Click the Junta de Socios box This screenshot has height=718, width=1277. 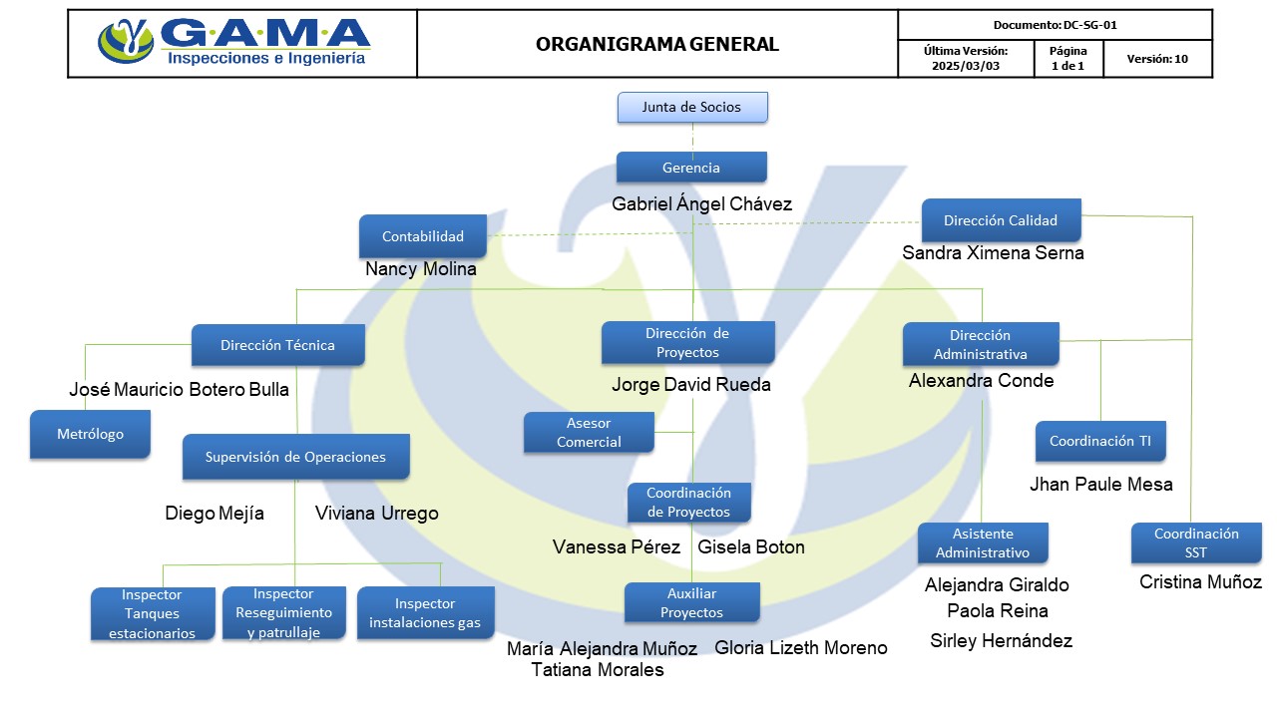click(x=692, y=107)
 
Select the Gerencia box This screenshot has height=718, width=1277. click(x=691, y=168)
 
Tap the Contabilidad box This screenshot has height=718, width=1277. click(x=423, y=236)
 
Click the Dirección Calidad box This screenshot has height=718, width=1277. click(x=1000, y=220)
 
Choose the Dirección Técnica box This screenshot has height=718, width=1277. click(x=277, y=345)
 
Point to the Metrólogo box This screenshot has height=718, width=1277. click(x=90, y=435)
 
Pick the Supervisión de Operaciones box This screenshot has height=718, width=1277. click(x=295, y=457)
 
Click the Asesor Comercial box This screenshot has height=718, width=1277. click(x=589, y=433)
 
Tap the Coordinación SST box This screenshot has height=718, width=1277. click(x=1195, y=542)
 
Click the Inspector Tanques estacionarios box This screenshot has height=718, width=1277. click(x=152, y=614)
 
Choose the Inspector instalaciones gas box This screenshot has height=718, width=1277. click(x=425, y=613)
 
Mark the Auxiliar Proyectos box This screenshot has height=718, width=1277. click(x=691, y=602)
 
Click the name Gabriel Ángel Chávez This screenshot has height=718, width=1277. click(x=701, y=204)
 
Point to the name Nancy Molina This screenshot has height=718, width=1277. click(x=421, y=269)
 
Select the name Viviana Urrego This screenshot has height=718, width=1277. click(x=376, y=514)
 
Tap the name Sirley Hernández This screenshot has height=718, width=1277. click(x=1001, y=641)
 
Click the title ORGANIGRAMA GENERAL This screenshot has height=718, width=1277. click(x=656, y=44)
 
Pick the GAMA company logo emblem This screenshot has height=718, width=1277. click(x=126, y=42)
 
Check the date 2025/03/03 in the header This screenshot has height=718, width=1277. click(x=965, y=66)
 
